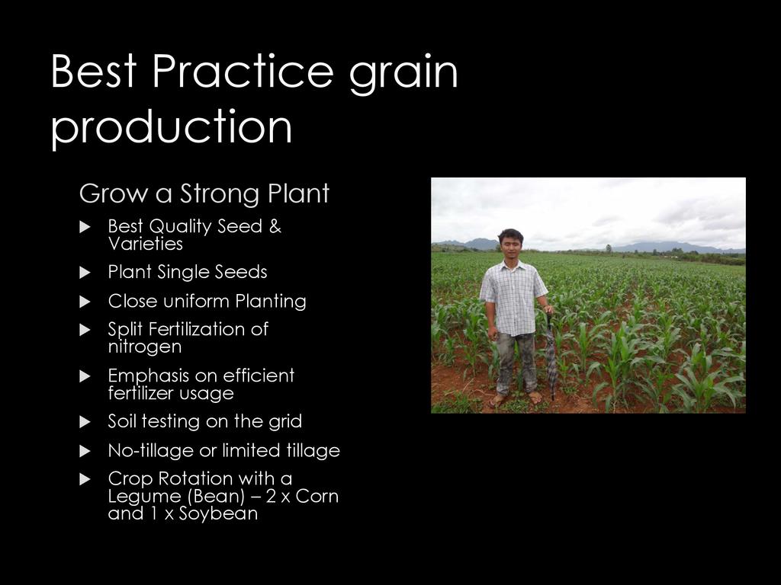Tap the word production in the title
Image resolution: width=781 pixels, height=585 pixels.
pos(172,127)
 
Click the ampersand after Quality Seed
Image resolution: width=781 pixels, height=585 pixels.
pos(275,226)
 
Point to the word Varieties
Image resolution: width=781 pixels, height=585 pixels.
pos(146,244)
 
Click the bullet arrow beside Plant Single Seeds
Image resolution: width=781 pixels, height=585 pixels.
pos(85,273)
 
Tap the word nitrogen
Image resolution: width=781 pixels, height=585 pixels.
pos(145,347)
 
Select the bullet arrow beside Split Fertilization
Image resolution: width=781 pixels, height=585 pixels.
pos(85,330)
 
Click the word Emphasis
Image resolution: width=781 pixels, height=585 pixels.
pos(148,376)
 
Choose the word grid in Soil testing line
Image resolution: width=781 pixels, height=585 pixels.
pos(285,422)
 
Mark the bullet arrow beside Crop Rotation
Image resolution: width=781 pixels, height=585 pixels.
pos(85,480)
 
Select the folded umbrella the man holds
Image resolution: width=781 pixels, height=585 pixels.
pos(551,356)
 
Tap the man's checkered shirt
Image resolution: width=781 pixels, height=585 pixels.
pos(513,298)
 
